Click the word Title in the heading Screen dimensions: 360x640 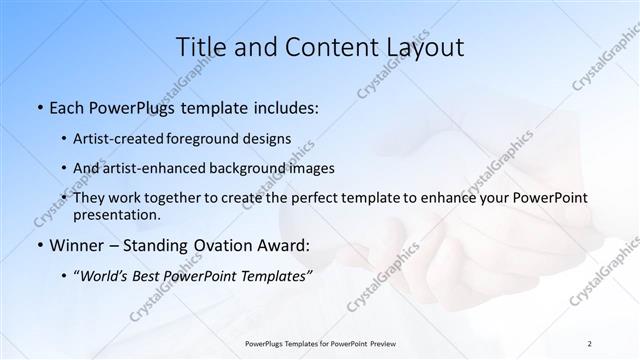(x=201, y=46)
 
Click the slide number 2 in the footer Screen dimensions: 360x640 (x=590, y=343)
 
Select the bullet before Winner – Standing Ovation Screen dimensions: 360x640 (x=38, y=245)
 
